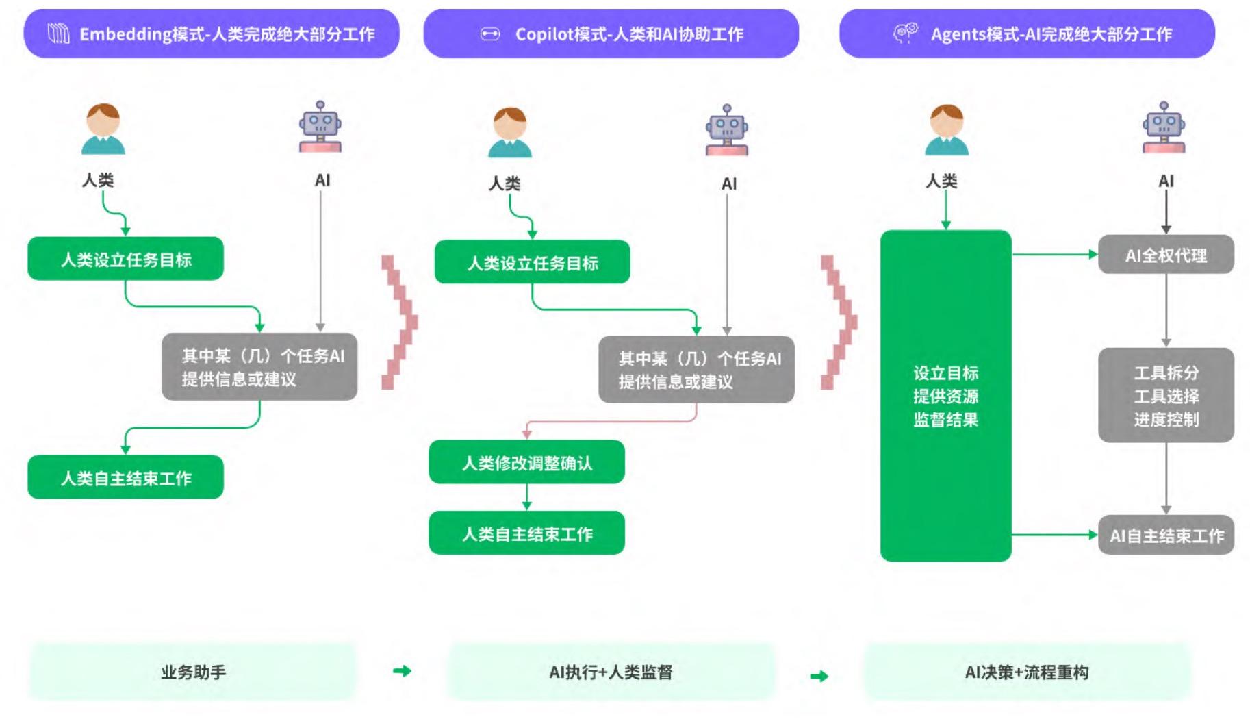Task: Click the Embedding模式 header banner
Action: click(212, 34)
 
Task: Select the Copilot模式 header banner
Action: click(611, 34)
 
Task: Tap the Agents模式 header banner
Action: click(1027, 34)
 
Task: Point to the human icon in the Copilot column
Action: click(509, 132)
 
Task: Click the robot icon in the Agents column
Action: click(1164, 127)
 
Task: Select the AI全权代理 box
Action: click(1166, 255)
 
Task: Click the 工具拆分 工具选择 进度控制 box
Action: click(1166, 395)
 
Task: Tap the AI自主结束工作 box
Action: click(1166, 535)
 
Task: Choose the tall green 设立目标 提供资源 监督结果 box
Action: click(945, 396)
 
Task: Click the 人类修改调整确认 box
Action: click(526, 462)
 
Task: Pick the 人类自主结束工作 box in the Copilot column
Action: click(526, 533)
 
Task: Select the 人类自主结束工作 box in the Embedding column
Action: click(125, 477)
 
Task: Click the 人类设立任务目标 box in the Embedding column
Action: click(125, 259)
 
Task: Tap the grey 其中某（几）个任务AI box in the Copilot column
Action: click(696, 369)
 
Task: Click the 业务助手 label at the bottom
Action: click(193, 672)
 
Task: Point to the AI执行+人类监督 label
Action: click(611, 672)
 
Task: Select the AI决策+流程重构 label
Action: click(1027, 672)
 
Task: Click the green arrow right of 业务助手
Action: click(403, 671)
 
